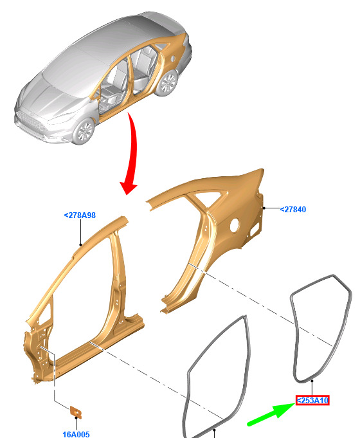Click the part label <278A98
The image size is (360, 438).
point(80,215)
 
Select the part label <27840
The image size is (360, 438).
point(293,210)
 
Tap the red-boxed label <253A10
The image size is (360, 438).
point(312,401)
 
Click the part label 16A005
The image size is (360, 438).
point(76,434)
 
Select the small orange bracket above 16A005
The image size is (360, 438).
point(76,412)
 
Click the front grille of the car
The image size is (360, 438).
point(32,122)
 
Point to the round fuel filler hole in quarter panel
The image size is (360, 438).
point(234,225)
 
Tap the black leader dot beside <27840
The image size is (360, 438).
point(264,208)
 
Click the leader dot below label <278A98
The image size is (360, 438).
point(81,245)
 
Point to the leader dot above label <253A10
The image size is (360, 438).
point(312,381)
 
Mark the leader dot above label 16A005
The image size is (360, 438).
point(76,418)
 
